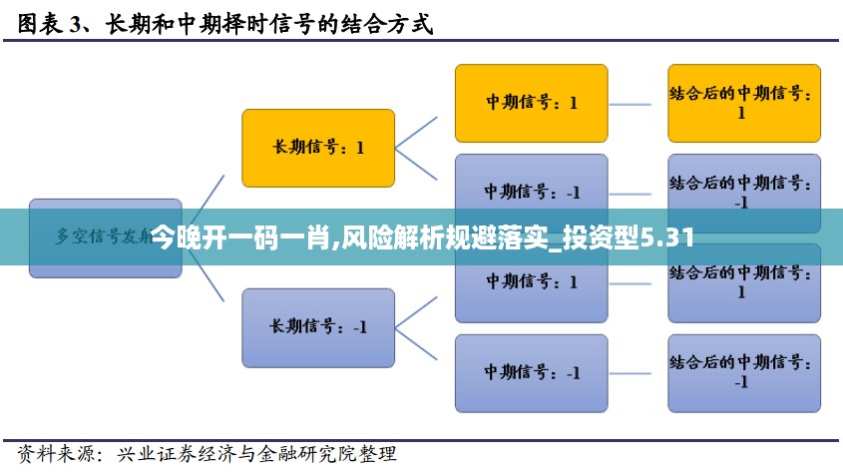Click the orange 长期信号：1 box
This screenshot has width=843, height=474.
(318, 147)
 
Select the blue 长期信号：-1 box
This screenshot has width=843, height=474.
(318, 326)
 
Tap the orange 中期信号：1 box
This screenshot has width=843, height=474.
(531, 103)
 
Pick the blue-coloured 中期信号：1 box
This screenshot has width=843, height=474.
(531, 282)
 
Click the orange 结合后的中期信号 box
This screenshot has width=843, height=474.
(743, 103)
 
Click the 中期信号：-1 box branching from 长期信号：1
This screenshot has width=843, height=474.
(531, 192)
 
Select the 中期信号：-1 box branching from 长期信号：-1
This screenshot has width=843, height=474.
(531, 372)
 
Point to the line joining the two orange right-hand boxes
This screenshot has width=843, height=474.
(637, 103)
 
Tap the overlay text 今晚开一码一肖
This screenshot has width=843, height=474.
(240, 237)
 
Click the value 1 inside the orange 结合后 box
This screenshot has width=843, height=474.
(741, 114)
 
